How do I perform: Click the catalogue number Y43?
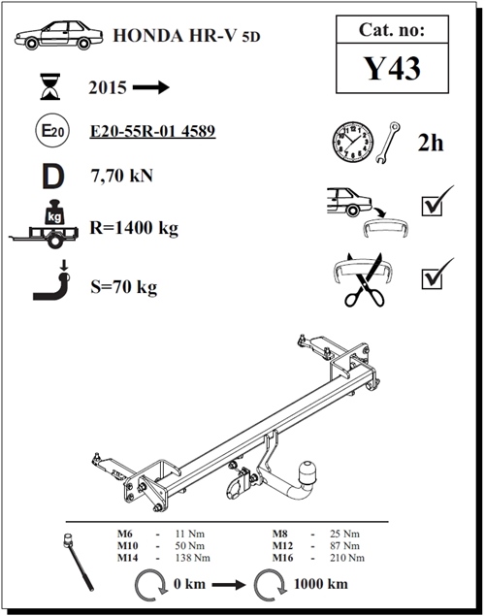[393, 68]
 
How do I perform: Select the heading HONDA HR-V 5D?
[186, 36]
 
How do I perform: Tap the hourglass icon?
[50, 86]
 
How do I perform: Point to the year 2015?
[108, 87]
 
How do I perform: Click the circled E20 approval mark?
[52, 130]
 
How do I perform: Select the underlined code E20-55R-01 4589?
[152, 131]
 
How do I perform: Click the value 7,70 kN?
[122, 176]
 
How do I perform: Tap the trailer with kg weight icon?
[44, 225]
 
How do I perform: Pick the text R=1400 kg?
[134, 228]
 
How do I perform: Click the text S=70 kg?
[124, 287]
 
